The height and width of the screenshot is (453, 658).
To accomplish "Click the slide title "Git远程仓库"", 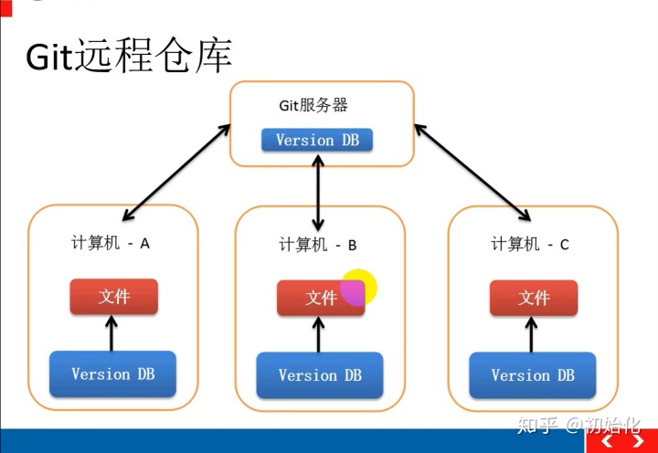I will [x=128, y=57].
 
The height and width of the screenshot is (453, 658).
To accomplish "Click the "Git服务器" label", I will [x=313, y=105].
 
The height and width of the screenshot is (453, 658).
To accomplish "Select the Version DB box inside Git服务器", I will [x=317, y=140].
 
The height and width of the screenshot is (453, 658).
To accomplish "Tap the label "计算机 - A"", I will [x=111, y=244].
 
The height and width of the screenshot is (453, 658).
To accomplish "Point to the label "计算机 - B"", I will [x=317, y=245].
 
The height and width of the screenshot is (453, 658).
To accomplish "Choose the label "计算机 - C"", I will [x=530, y=244].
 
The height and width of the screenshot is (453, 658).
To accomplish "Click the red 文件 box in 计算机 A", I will [x=114, y=297].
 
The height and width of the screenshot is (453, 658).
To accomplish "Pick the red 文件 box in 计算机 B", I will [x=321, y=298].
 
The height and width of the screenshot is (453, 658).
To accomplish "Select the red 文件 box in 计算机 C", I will [x=534, y=298].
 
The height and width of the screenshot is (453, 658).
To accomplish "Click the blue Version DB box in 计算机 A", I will [x=112, y=374].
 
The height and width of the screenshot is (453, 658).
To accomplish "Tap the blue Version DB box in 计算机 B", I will [x=320, y=375].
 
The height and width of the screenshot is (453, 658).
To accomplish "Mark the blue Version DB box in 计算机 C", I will [x=533, y=375].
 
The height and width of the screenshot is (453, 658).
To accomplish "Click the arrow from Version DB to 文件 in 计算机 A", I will [x=112, y=332].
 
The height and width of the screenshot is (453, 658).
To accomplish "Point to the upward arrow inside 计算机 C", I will [x=533, y=333].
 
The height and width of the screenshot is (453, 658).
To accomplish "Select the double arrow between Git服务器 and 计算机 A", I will [x=175, y=172].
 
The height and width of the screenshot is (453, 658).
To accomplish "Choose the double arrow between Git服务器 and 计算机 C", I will [x=472, y=172].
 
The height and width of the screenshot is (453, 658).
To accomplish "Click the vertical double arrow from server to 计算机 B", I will [x=318, y=192].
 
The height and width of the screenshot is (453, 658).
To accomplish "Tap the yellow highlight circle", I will [x=358, y=287].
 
